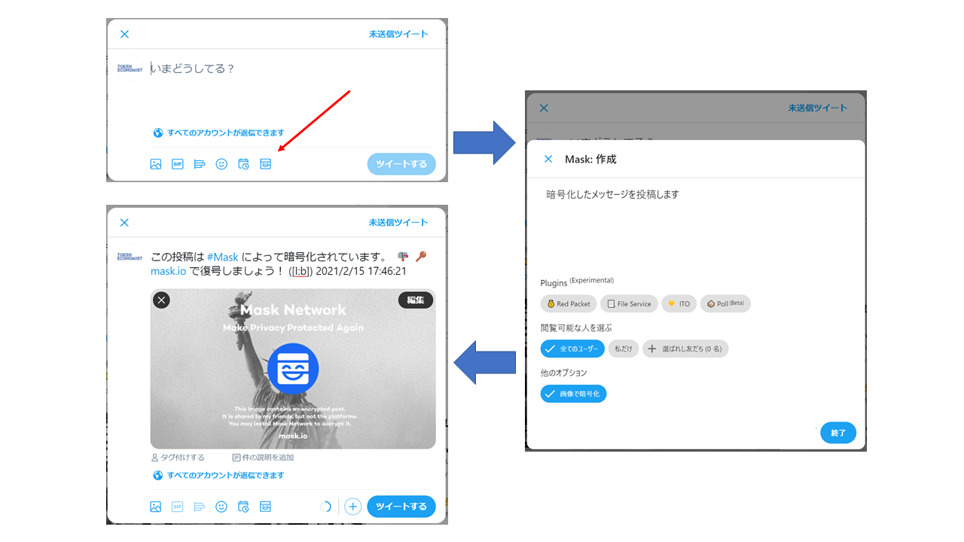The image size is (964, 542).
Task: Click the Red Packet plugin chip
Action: click(569, 304)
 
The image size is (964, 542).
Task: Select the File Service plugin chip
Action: click(630, 304)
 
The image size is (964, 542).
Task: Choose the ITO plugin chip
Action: click(679, 304)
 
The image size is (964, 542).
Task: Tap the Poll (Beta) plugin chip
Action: click(725, 304)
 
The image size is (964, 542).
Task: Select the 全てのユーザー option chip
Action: click(572, 349)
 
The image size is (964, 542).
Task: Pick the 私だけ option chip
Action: click(624, 349)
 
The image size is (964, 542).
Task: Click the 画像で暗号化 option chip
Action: click(573, 394)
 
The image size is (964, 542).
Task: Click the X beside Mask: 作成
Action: click(548, 159)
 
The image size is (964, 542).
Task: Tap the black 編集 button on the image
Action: click(416, 300)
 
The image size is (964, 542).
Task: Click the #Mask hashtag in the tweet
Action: click(222, 257)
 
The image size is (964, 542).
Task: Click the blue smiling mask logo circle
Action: click(293, 369)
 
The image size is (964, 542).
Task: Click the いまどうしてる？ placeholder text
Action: click(194, 69)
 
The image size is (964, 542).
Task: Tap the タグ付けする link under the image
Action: click(178, 457)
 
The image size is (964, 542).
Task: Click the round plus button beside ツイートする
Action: click(352, 507)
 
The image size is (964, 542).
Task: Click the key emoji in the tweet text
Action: click(421, 257)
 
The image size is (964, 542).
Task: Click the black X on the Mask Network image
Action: click(161, 300)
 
